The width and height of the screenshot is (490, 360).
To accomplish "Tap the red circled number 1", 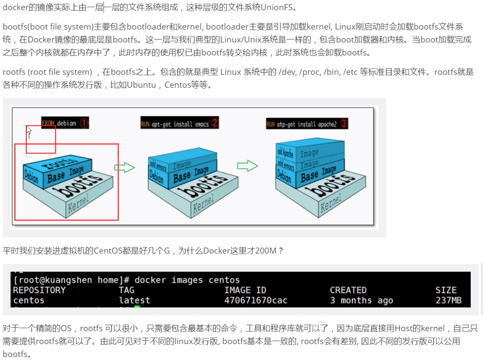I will click(84, 123).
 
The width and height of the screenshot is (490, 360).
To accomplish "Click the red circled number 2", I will click(215, 123).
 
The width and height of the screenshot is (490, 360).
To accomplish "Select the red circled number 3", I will click(344, 124).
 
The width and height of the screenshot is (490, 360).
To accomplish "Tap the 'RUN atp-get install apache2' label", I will click(302, 124).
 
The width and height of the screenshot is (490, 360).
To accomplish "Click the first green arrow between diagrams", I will click(124, 167).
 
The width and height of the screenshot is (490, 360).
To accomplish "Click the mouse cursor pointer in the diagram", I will click(29, 132).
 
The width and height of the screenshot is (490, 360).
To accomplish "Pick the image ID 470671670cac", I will click(256, 300).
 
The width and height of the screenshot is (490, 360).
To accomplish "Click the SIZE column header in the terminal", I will click(445, 290).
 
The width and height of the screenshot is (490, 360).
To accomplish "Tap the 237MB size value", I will click(448, 300).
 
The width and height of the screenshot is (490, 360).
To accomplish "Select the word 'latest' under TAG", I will click(134, 300).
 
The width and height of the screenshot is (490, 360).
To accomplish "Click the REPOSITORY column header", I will click(39, 290).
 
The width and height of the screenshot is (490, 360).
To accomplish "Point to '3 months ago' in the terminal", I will click(361, 300).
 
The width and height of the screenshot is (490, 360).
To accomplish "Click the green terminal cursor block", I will click(137, 309).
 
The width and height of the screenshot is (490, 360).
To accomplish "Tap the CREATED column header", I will click(348, 290).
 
